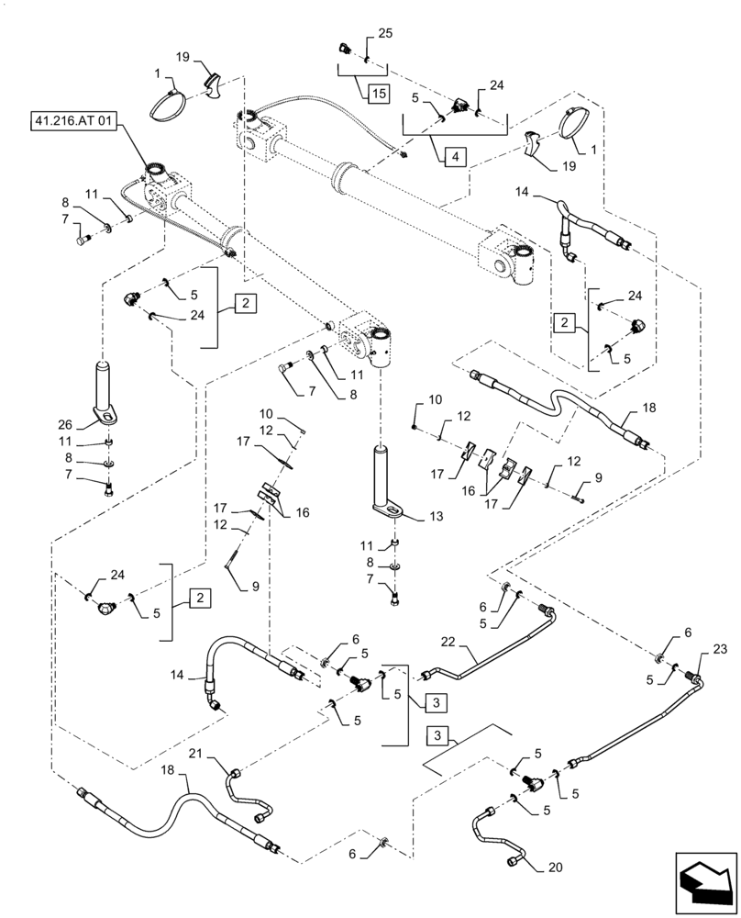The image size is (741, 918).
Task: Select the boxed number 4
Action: (453, 156)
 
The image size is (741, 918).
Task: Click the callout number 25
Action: (384, 33)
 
